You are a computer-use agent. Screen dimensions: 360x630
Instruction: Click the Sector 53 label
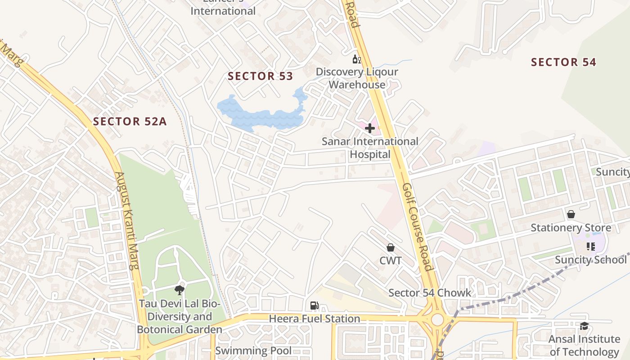[x=260, y=76]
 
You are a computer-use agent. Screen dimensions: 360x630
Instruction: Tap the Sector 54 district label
[x=563, y=62]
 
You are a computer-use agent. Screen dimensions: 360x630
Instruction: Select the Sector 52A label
[x=130, y=121]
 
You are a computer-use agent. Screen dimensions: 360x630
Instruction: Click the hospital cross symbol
[x=370, y=129]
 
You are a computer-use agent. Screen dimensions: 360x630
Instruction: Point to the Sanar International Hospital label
[x=370, y=148]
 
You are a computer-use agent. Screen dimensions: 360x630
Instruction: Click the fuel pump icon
[x=314, y=306]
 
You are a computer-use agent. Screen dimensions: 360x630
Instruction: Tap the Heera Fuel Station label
[x=315, y=319]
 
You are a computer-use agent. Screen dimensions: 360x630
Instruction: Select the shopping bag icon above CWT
[x=390, y=247]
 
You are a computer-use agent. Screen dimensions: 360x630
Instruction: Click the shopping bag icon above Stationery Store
[x=571, y=214]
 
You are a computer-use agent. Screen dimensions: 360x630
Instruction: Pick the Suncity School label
[x=590, y=260]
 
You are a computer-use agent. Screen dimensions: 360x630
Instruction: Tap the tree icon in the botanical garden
[x=180, y=290]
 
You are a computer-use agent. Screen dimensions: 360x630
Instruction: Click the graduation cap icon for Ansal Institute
[x=584, y=326]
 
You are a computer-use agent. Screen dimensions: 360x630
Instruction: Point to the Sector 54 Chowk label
[x=430, y=293]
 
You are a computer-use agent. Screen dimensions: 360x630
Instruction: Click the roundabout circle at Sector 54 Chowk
[x=437, y=319]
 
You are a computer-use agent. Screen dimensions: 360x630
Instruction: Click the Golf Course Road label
[x=418, y=227]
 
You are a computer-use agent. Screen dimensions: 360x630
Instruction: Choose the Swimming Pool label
[x=253, y=351]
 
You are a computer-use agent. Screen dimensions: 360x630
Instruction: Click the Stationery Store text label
[x=571, y=228]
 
